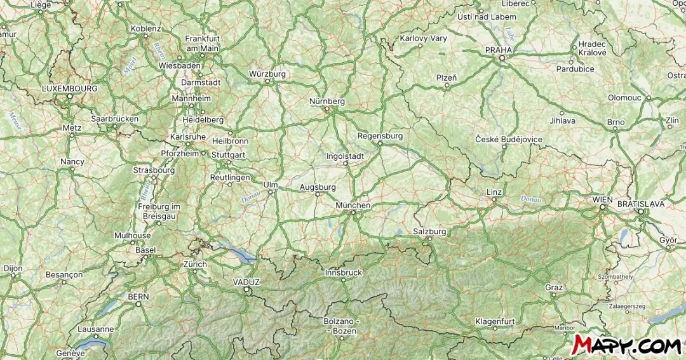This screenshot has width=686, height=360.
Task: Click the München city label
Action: tap(353, 206)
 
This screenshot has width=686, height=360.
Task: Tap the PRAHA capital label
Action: tap(498, 50)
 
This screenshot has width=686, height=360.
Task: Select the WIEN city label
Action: tap(603, 199)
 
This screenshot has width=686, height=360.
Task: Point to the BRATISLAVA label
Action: tap(640, 204)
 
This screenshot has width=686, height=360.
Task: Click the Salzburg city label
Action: tap(429, 232)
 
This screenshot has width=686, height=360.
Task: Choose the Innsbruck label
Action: tap(343, 272)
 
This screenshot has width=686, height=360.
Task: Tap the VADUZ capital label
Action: tap(246, 282)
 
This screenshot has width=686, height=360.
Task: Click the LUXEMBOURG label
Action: tap(70, 88)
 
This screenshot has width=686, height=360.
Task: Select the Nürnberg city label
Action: tap(326, 101)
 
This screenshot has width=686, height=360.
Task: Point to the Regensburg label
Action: tap(380, 136)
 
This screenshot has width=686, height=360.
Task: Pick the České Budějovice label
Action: tap(509, 139)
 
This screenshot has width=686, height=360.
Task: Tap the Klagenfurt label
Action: tap(495, 321)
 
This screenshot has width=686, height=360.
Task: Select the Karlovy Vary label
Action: tap(423, 38)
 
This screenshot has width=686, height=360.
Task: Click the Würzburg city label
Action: tap(267, 74)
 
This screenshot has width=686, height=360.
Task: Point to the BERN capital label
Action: tap(138, 297)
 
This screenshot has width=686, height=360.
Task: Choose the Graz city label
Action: tap(554, 288)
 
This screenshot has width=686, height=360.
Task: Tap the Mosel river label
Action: tap(130, 65)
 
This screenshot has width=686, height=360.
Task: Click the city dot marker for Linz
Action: tap(494, 200)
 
